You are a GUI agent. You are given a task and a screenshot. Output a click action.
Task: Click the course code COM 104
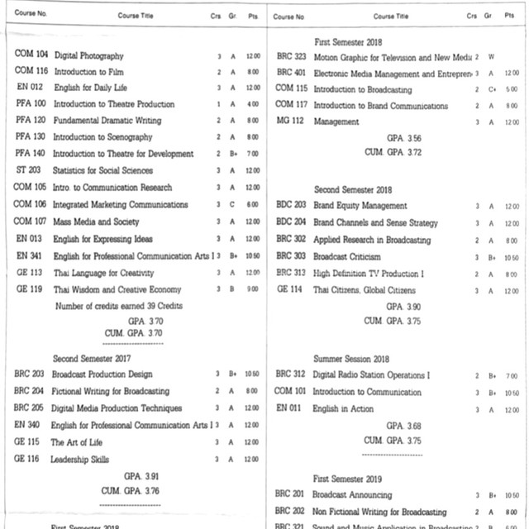(31, 55)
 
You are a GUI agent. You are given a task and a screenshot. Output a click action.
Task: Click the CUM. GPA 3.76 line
(131, 491)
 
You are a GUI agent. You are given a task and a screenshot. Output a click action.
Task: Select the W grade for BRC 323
(491, 57)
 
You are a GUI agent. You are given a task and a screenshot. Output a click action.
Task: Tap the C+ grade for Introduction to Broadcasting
(491, 89)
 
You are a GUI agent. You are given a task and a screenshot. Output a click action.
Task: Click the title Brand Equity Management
(360, 206)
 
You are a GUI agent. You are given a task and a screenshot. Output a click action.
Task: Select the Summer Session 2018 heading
(350, 359)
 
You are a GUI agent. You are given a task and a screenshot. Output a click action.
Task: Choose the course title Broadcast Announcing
(347, 494)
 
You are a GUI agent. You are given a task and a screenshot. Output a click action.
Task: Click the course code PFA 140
(31, 154)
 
